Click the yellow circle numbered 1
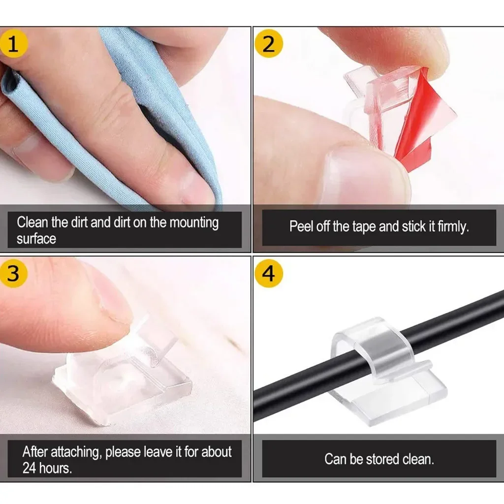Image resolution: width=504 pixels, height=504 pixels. click(x=13, y=44)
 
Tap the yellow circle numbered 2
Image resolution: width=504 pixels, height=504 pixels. click(x=269, y=44)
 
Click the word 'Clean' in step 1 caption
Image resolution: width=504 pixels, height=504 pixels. click(x=32, y=222)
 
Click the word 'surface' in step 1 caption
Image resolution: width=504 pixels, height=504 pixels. click(x=36, y=239)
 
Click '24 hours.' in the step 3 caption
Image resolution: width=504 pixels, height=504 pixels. click(x=47, y=468)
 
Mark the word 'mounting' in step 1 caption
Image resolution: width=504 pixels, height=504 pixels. click(x=194, y=222)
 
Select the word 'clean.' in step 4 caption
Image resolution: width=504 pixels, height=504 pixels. click(x=418, y=459)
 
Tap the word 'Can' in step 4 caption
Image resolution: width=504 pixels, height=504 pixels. click(x=336, y=459)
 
